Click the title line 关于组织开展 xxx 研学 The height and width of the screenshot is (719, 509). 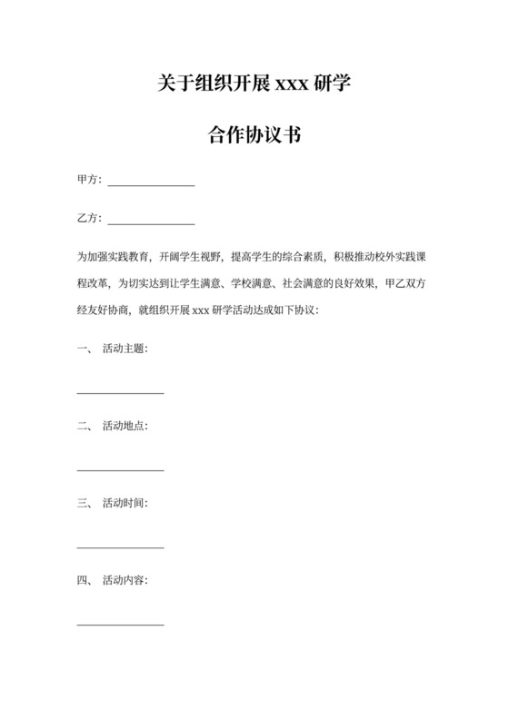coord(254,86)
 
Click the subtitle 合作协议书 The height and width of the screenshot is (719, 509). coord(254,137)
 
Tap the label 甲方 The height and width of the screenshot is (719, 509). coord(88,180)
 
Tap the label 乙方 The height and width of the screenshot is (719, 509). coord(88,219)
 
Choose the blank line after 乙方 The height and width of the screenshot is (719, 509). coord(151,222)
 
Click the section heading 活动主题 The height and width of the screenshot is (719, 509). coord(125,349)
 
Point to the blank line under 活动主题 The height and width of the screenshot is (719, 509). coord(120,392)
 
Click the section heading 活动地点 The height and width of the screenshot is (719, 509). coord(125,426)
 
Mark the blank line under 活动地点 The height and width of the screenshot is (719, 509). coord(120,469)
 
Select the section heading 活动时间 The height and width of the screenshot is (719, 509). coord(125,503)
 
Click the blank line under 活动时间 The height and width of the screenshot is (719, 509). coord(120,547)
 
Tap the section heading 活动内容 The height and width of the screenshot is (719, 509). coord(125,580)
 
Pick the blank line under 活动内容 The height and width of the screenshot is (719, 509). coord(120,624)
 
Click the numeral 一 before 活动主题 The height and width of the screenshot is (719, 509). coord(83,349)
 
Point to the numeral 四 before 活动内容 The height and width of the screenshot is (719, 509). coord(83,580)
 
